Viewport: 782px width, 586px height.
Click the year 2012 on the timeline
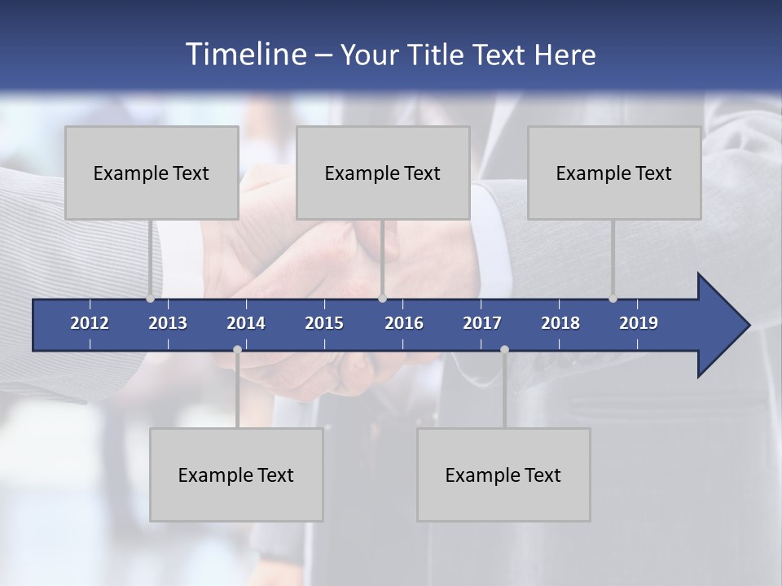(x=90, y=323)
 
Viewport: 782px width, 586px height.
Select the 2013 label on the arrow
(x=168, y=323)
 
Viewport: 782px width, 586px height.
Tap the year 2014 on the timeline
(x=246, y=323)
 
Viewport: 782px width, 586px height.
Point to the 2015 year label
(x=324, y=323)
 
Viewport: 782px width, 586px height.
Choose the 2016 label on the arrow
(x=404, y=323)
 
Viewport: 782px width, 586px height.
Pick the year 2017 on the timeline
(x=482, y=323)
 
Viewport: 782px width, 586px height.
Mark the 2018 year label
(x=560, y=323)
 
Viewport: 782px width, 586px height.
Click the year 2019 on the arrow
(x=639, y=323)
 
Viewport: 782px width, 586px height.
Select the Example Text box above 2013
(x=152, y=173)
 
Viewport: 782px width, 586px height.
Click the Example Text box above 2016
(x=383, y=173)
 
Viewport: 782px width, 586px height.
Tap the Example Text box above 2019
(x=614, y=173)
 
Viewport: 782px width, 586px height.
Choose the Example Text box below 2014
(x=236, y=474)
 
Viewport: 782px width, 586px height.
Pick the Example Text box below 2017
(x=503, y=474)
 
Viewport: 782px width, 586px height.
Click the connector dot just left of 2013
(x=151, y=299)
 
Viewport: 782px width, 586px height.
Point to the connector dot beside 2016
(x=383, y=299)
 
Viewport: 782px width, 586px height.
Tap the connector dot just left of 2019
(x=613, y=299)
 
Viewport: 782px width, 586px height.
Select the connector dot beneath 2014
(x=237, y=349)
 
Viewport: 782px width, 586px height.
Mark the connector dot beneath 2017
(x=504, y=349)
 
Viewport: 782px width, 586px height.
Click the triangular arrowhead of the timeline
(x=722, y=326)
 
